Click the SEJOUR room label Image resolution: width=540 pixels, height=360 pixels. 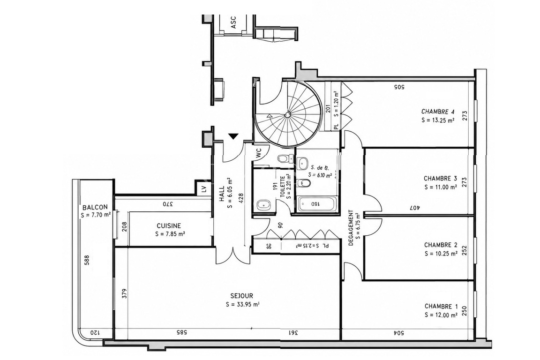click(x=242, y=296)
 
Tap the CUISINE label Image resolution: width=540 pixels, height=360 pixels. click(x=169, y=226)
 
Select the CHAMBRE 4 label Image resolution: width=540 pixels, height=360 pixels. click(x=438, y=112)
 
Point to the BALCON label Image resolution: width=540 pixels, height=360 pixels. click(x=95, y=207)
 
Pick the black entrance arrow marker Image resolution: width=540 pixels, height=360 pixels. click(x=234, y=136)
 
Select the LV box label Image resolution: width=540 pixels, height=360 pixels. click(x=204, y=189)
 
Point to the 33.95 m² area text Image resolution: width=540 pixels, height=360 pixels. click(x=243, y=305)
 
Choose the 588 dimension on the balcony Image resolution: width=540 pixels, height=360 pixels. click(x=87, y=260)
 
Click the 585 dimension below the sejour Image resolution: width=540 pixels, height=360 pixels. click(x=181, y=333)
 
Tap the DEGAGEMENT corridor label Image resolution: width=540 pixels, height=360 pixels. click(x=351, y=228)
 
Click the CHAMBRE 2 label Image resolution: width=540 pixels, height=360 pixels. click(x=441, y=245)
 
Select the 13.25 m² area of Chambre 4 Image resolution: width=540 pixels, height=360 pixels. click(x=438, y=120)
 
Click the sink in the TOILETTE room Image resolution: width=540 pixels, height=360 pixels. click(x=264, y=205)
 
